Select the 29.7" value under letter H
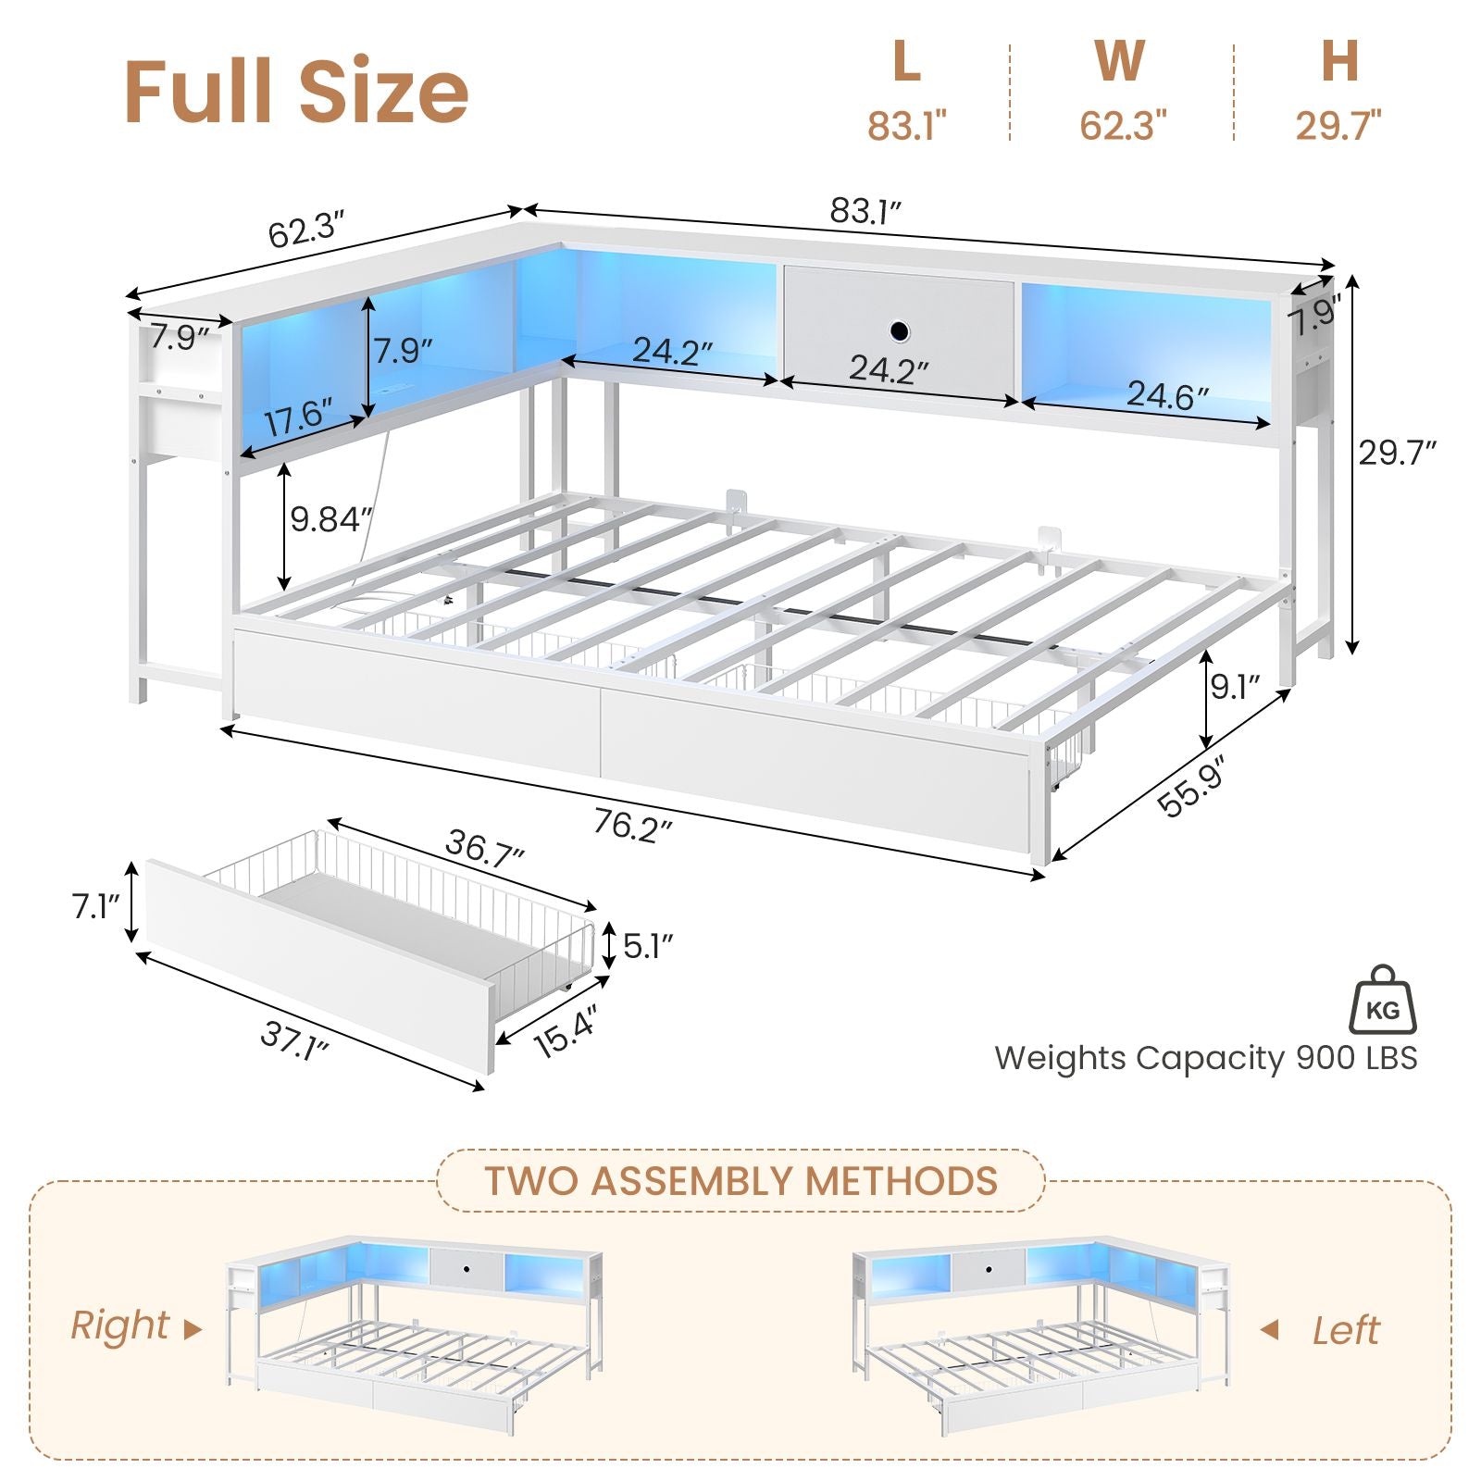pos(1338,125)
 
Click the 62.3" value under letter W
pos(1123,125)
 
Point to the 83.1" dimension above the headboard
pos(865,211)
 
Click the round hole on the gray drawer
pos(898,330)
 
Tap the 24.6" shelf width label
pos(1167,395)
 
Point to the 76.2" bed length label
pos(632,824)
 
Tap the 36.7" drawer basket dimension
pos(485,848)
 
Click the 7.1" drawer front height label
pos(96,906)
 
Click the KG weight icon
pos(1383,1000)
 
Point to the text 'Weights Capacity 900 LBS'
pos(1206,1058)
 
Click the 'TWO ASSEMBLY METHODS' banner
pos(740,1181)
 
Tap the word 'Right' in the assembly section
pos(119,1326)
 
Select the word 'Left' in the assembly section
pos(1346,1331)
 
